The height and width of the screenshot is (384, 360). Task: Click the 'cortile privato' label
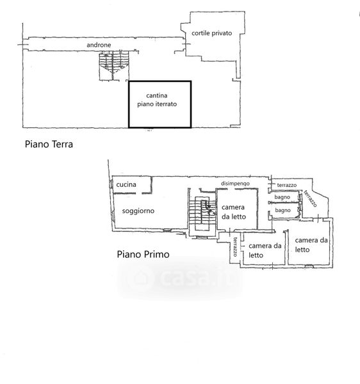pyautogui.click(x=212, y=33)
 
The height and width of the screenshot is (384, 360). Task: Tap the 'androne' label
pyautogui.click(x=99, y=45)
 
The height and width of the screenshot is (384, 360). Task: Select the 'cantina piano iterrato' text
pyautogui.click(x=157, y=100)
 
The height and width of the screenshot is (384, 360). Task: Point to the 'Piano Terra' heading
pyautogui.click(x=49, y=144)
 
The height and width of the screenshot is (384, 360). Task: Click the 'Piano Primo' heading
pyautogui.click(x=143, y=254)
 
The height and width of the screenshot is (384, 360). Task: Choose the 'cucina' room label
pyautogui.click(x=126, y=184)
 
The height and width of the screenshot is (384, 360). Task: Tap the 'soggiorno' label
pyautogui.click(x=138, y=211)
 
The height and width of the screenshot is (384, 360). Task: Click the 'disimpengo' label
pyautogui.click(x=235, y=184)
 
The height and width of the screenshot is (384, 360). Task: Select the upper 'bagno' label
pyautogui.click(x=282, y=197)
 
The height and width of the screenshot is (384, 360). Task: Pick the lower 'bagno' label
pyautogui.click(x=282, y=210)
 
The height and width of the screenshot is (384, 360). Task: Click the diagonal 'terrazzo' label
pyautogui.click(x=311, y=198)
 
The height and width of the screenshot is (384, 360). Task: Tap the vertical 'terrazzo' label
pyautogui.click(x=235, y=246)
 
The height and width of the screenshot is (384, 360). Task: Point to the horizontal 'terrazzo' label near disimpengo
pyautogui.click(x=287, y=185)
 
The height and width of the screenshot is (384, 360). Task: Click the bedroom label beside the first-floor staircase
pyautogui.click(x=234, y=212)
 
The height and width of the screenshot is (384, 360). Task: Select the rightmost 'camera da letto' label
pyautogui.click(x=311, y=245)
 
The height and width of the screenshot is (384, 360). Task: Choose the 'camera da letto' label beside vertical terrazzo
pyautogui.click(x=265, y=250)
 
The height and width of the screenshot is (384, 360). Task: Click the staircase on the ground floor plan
pyautogui.click(x=114, y=66)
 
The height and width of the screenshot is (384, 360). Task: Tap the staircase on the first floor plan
pyautogui.click(x=202, y=213)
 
